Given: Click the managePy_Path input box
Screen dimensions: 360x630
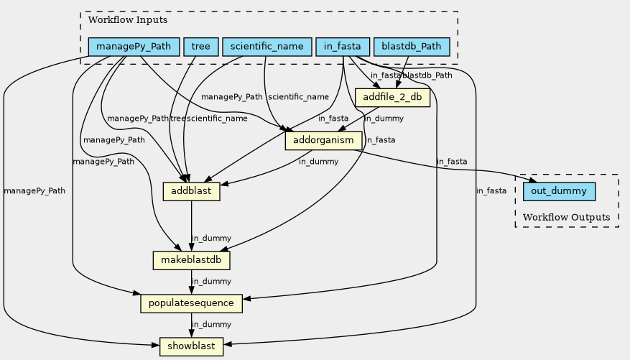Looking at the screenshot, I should tap(134, 47).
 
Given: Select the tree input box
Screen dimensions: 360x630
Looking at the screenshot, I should tap(201, 47).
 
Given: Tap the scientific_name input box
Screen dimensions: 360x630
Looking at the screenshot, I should tap(267, 47).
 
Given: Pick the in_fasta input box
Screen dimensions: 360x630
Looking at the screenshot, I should tap(342, 47).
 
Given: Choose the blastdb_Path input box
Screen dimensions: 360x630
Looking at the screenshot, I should tap(412, 47).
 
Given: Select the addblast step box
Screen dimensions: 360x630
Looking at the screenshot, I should tap(191, 192).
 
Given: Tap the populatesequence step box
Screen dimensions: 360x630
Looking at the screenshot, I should tap(191, 303).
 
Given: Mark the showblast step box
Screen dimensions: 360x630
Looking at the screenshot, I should tap(191, 346).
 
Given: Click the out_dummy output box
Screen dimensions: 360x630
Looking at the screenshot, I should tap(560, 192).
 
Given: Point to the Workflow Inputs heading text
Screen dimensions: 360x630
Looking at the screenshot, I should tap(123, 19).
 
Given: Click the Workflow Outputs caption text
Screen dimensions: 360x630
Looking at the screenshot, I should tap(566, 217).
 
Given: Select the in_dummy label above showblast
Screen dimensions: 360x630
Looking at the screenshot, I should tap(211, 325).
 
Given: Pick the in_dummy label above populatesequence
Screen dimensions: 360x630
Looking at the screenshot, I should tap(211, 281).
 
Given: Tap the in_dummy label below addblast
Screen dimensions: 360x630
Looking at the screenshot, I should tap(211, 238).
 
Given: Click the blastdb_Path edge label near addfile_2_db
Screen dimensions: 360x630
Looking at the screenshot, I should tap(427, 75).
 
